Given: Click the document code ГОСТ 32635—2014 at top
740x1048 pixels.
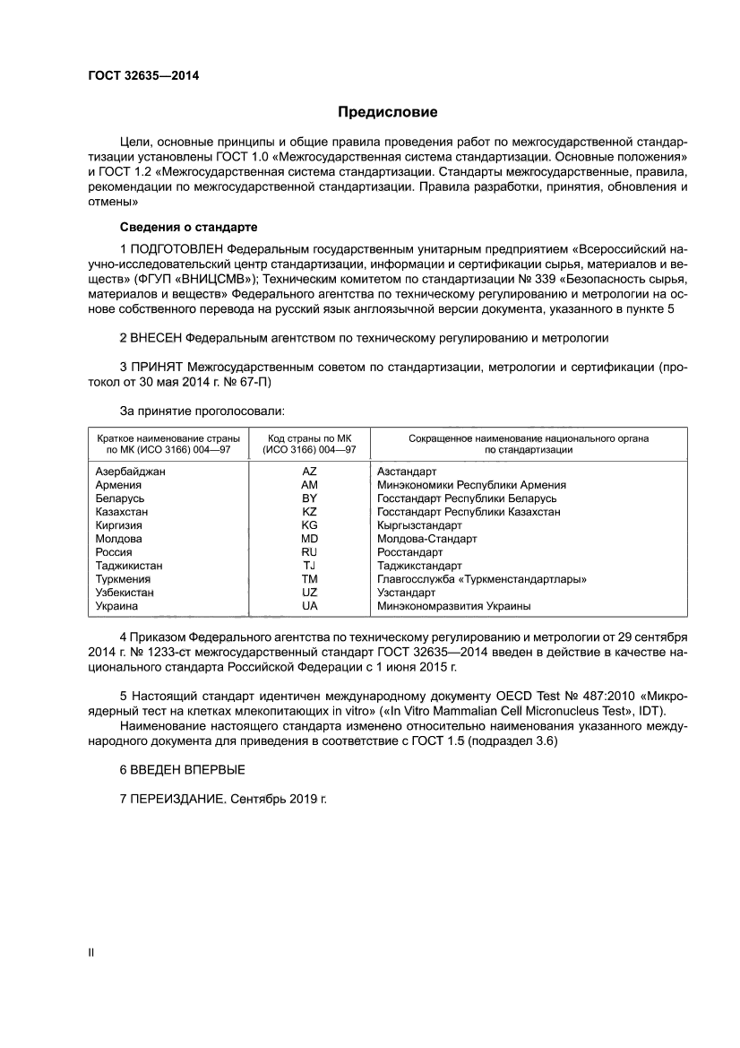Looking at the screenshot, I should [143, 75].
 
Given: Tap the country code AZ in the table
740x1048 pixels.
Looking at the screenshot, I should [310, 471].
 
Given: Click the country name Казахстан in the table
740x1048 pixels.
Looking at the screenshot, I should [122, 512].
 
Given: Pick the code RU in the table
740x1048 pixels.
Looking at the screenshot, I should [310, 552].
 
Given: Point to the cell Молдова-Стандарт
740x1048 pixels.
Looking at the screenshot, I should [426, 539].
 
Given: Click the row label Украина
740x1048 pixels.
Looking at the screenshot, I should [116, 606].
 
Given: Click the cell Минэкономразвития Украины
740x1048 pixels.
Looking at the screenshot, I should [453, 606].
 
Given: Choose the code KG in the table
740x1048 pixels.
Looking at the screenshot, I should [310, 525].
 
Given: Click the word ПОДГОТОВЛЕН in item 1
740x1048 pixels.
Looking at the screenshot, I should [176, 247].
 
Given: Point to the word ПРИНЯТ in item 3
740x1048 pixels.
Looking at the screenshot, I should [156, 368].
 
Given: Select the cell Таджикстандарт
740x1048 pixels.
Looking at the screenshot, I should [419, 566].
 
